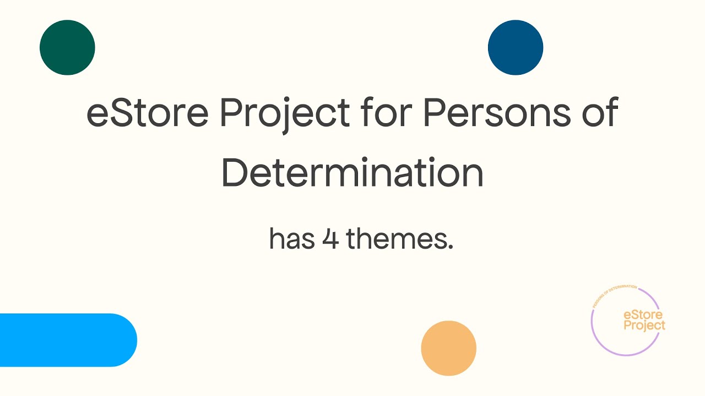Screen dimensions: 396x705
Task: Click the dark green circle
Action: (x=67, y=47)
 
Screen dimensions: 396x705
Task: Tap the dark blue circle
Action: (x=516, y=47)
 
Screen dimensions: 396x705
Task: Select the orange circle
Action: (x=448, y=348)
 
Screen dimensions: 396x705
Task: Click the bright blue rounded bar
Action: (x=66, y=340)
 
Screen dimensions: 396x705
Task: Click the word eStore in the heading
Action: (x=147, y=113)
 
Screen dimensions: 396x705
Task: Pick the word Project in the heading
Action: (x=285, y=114)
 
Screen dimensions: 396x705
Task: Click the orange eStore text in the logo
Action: (x=643, y=315)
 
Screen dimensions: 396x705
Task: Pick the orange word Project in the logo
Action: (x=644, y=326)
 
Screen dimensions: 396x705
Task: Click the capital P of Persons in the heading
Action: (x=433, y=113)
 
